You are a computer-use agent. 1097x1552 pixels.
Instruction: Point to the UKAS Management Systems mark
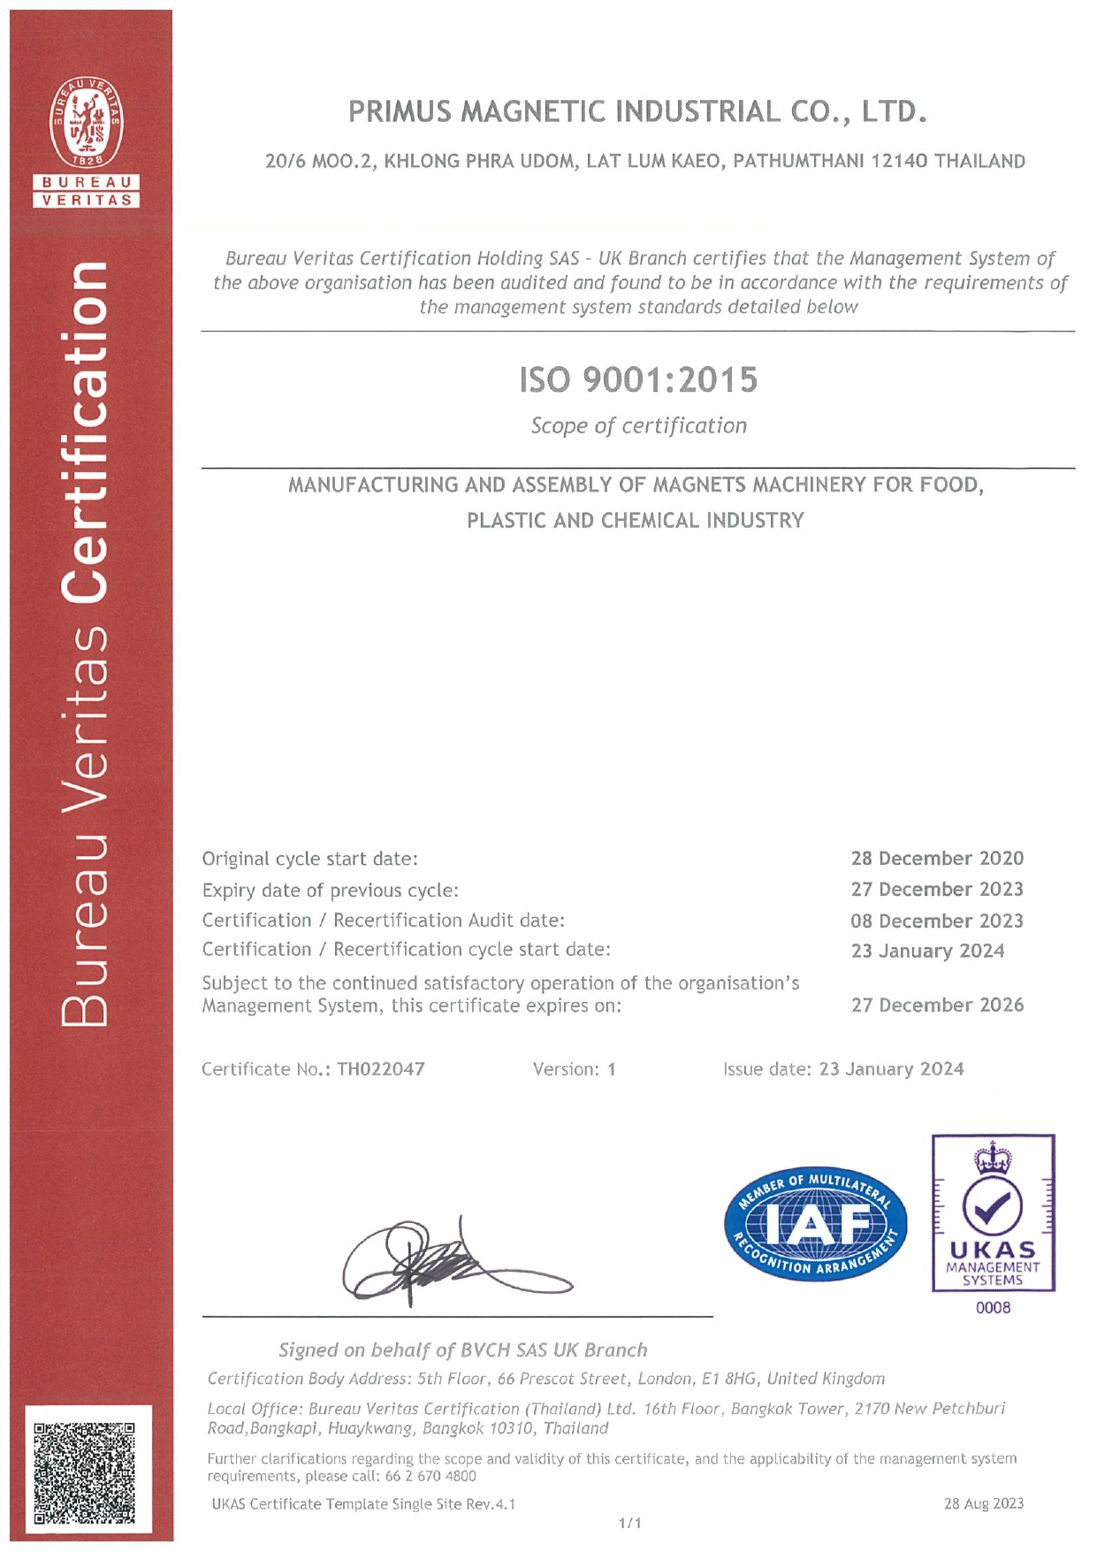tap(993, 1213)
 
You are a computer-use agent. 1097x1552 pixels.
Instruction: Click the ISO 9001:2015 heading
tap(638, 380)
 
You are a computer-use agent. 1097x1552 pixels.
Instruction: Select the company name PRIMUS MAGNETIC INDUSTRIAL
tap(637, 112)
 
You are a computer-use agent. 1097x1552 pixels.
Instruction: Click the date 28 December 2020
tap(937, 859)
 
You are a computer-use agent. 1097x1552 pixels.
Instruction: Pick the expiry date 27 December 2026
tap(937, 1005)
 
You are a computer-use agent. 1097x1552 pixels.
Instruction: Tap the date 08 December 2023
tap(937, 921)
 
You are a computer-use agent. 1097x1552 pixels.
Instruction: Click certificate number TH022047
tap(381, 1069)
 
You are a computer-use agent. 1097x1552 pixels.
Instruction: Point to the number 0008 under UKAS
tap(993, 1308)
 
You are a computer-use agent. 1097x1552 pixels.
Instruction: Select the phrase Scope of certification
tap(638, 426)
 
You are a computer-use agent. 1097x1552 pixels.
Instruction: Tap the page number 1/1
tap(630, 1523)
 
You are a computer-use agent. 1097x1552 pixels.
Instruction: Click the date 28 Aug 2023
tap(983, 1503)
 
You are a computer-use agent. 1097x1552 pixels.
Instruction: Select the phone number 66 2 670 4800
tap(430, 1476)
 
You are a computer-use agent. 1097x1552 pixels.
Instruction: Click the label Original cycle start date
tap(310, 859)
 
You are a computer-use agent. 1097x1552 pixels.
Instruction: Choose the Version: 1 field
tap(574, 1069)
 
